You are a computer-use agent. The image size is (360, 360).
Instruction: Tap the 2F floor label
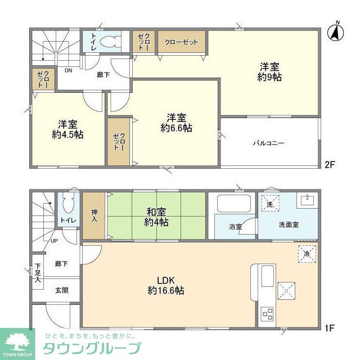(x=330, y=165)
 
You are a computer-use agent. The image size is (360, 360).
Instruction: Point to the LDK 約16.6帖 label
(x=166, y=285)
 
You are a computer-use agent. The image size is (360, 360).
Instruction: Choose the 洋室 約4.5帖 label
(x=67, y=129)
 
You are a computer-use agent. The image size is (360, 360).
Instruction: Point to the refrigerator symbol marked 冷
(x=307, y=253)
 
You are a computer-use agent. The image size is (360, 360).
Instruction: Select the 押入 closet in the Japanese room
(x=94, y=217)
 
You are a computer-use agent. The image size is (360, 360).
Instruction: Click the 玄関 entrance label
(x=62, y=290)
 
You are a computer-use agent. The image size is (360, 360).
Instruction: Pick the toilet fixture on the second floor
(x=111, y=42)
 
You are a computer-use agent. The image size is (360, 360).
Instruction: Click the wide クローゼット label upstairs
(x=182, y=42)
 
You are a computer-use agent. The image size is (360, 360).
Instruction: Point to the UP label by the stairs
(x=54, y=241)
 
